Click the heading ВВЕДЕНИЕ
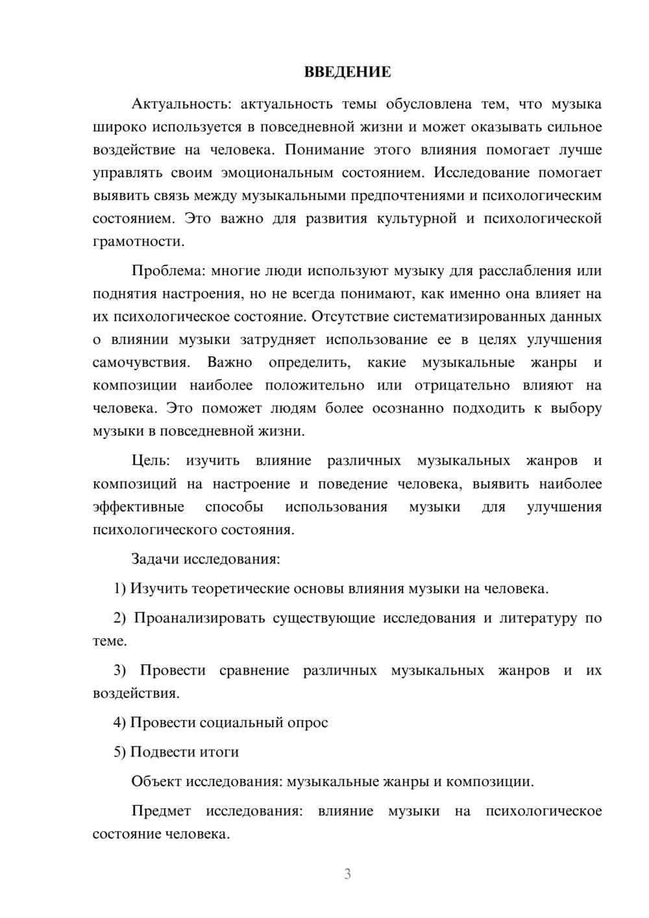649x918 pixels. click(347, 72)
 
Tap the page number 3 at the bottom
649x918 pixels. click(347, 874)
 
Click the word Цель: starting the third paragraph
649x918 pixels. click(151, 461)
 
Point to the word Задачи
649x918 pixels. click(156, 559)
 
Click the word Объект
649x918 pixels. click(156, 781)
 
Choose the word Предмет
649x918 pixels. click(161, 811)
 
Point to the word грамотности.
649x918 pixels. click(138, 242)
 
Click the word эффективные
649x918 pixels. click(138, 507)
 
